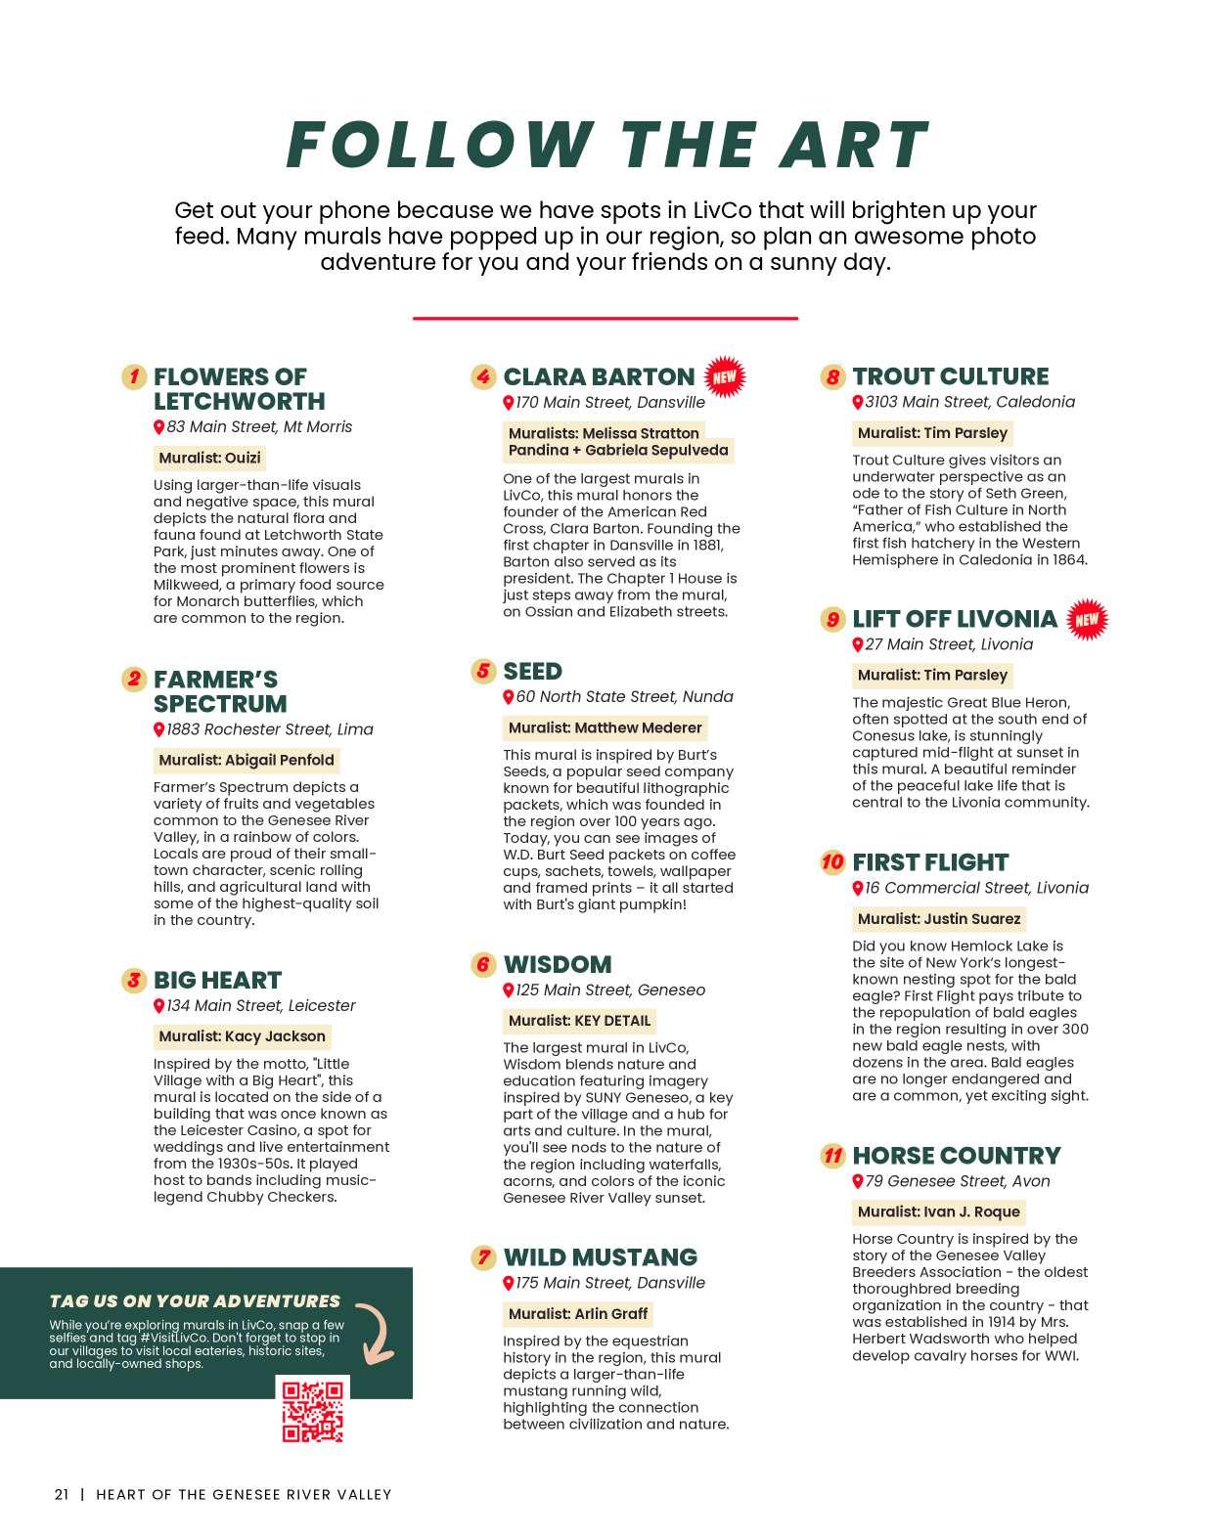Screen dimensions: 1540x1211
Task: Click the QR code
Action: tap(313, 1410)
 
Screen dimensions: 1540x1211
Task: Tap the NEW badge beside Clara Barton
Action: tap(724, 376)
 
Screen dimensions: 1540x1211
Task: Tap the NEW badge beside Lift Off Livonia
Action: tap(1086, 619)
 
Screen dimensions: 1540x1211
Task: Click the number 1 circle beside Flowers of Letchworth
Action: tap(134, 376)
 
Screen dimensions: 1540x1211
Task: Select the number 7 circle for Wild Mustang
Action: tap(483, 1257)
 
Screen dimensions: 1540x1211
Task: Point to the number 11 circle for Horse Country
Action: tap(832, 1156)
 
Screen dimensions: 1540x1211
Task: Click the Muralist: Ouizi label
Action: tap(209, 458)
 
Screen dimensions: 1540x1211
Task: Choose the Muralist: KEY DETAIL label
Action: tap(579, 1021)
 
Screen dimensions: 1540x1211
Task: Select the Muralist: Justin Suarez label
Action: tap(938, 919)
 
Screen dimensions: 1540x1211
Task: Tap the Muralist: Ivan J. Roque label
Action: tap(938, 1211)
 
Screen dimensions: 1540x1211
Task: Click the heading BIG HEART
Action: tap(217, 981)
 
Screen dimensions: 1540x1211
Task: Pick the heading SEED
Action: tap(532, 672)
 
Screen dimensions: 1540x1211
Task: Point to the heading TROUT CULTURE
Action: tap(950, 376)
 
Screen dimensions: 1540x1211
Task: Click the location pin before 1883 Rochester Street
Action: tap(158, 729)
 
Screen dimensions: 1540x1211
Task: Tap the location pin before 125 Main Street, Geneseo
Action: tap(508, 990)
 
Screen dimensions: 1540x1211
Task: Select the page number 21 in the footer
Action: tap(62, 1494)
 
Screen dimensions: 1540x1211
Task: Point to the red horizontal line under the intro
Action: tap(605, 318)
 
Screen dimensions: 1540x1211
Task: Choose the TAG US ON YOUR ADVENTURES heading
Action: tap(195, 1300)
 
